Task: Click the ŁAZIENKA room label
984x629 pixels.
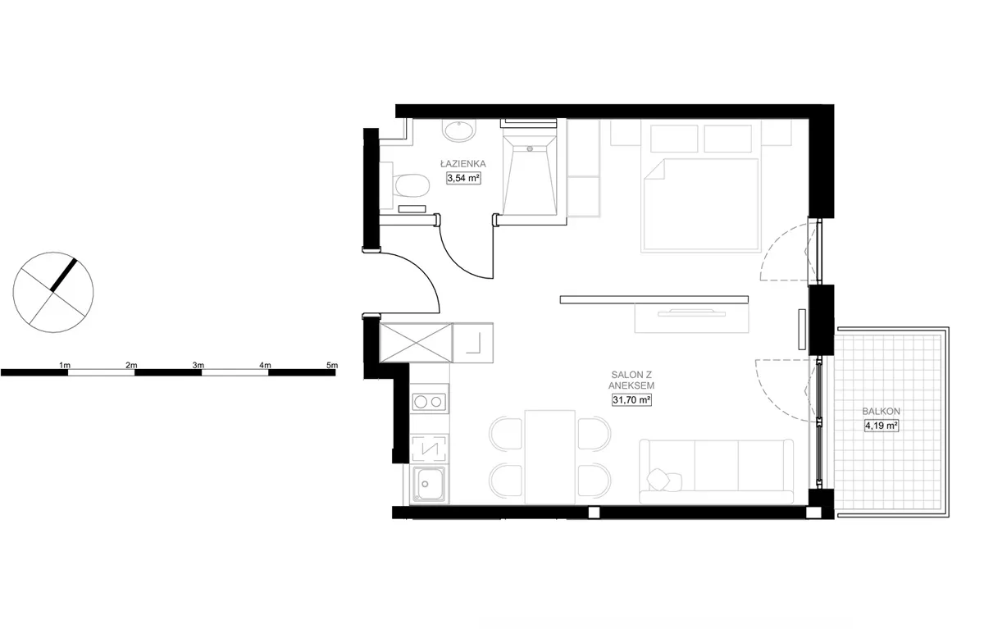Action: click(x=463, y=164)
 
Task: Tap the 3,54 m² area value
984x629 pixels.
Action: click(x=463, y=178)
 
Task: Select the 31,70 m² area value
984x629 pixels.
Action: click(x=631, y=400)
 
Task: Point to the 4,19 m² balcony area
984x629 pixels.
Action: click(x=881, y=426)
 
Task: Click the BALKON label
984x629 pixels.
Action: click(x=881, y=412)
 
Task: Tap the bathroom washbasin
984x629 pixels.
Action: click(x=459, y=130)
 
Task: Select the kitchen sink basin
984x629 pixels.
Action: click(x=429, y=484)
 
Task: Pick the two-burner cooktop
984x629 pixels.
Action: click(x=429, y=402)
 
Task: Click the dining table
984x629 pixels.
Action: click(x=550, y=458)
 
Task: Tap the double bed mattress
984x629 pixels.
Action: click(x=701, y=205)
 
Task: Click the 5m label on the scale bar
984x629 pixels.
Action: click(x=332, y=365)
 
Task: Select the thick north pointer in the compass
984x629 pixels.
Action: click(x=64, y=276)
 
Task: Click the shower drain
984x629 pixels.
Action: click(x=530, y=149)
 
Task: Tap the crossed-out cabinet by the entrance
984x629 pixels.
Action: click(x=416, y=343)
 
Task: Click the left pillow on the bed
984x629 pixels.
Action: click(x=674, y=139)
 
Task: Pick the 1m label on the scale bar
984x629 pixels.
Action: click(x=65, y=365)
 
